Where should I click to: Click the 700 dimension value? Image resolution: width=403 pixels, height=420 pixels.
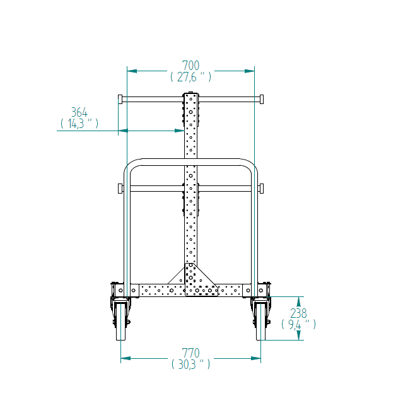point(191,66)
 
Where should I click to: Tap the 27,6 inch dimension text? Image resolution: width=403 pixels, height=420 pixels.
point(191,77)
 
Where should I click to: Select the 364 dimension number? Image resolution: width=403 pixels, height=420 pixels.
point(79,112)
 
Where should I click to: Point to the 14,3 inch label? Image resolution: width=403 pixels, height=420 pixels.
point(79,124)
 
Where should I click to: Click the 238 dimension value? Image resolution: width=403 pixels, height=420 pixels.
point(298,313)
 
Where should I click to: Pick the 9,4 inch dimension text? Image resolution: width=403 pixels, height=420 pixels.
point(298,324)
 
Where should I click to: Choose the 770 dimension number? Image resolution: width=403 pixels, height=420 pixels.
point(191,353)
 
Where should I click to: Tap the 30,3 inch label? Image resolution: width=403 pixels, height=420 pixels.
point(191,365)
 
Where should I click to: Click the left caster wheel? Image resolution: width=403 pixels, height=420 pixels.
point(120,321)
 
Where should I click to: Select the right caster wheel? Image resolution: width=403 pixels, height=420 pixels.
point(260,321)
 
